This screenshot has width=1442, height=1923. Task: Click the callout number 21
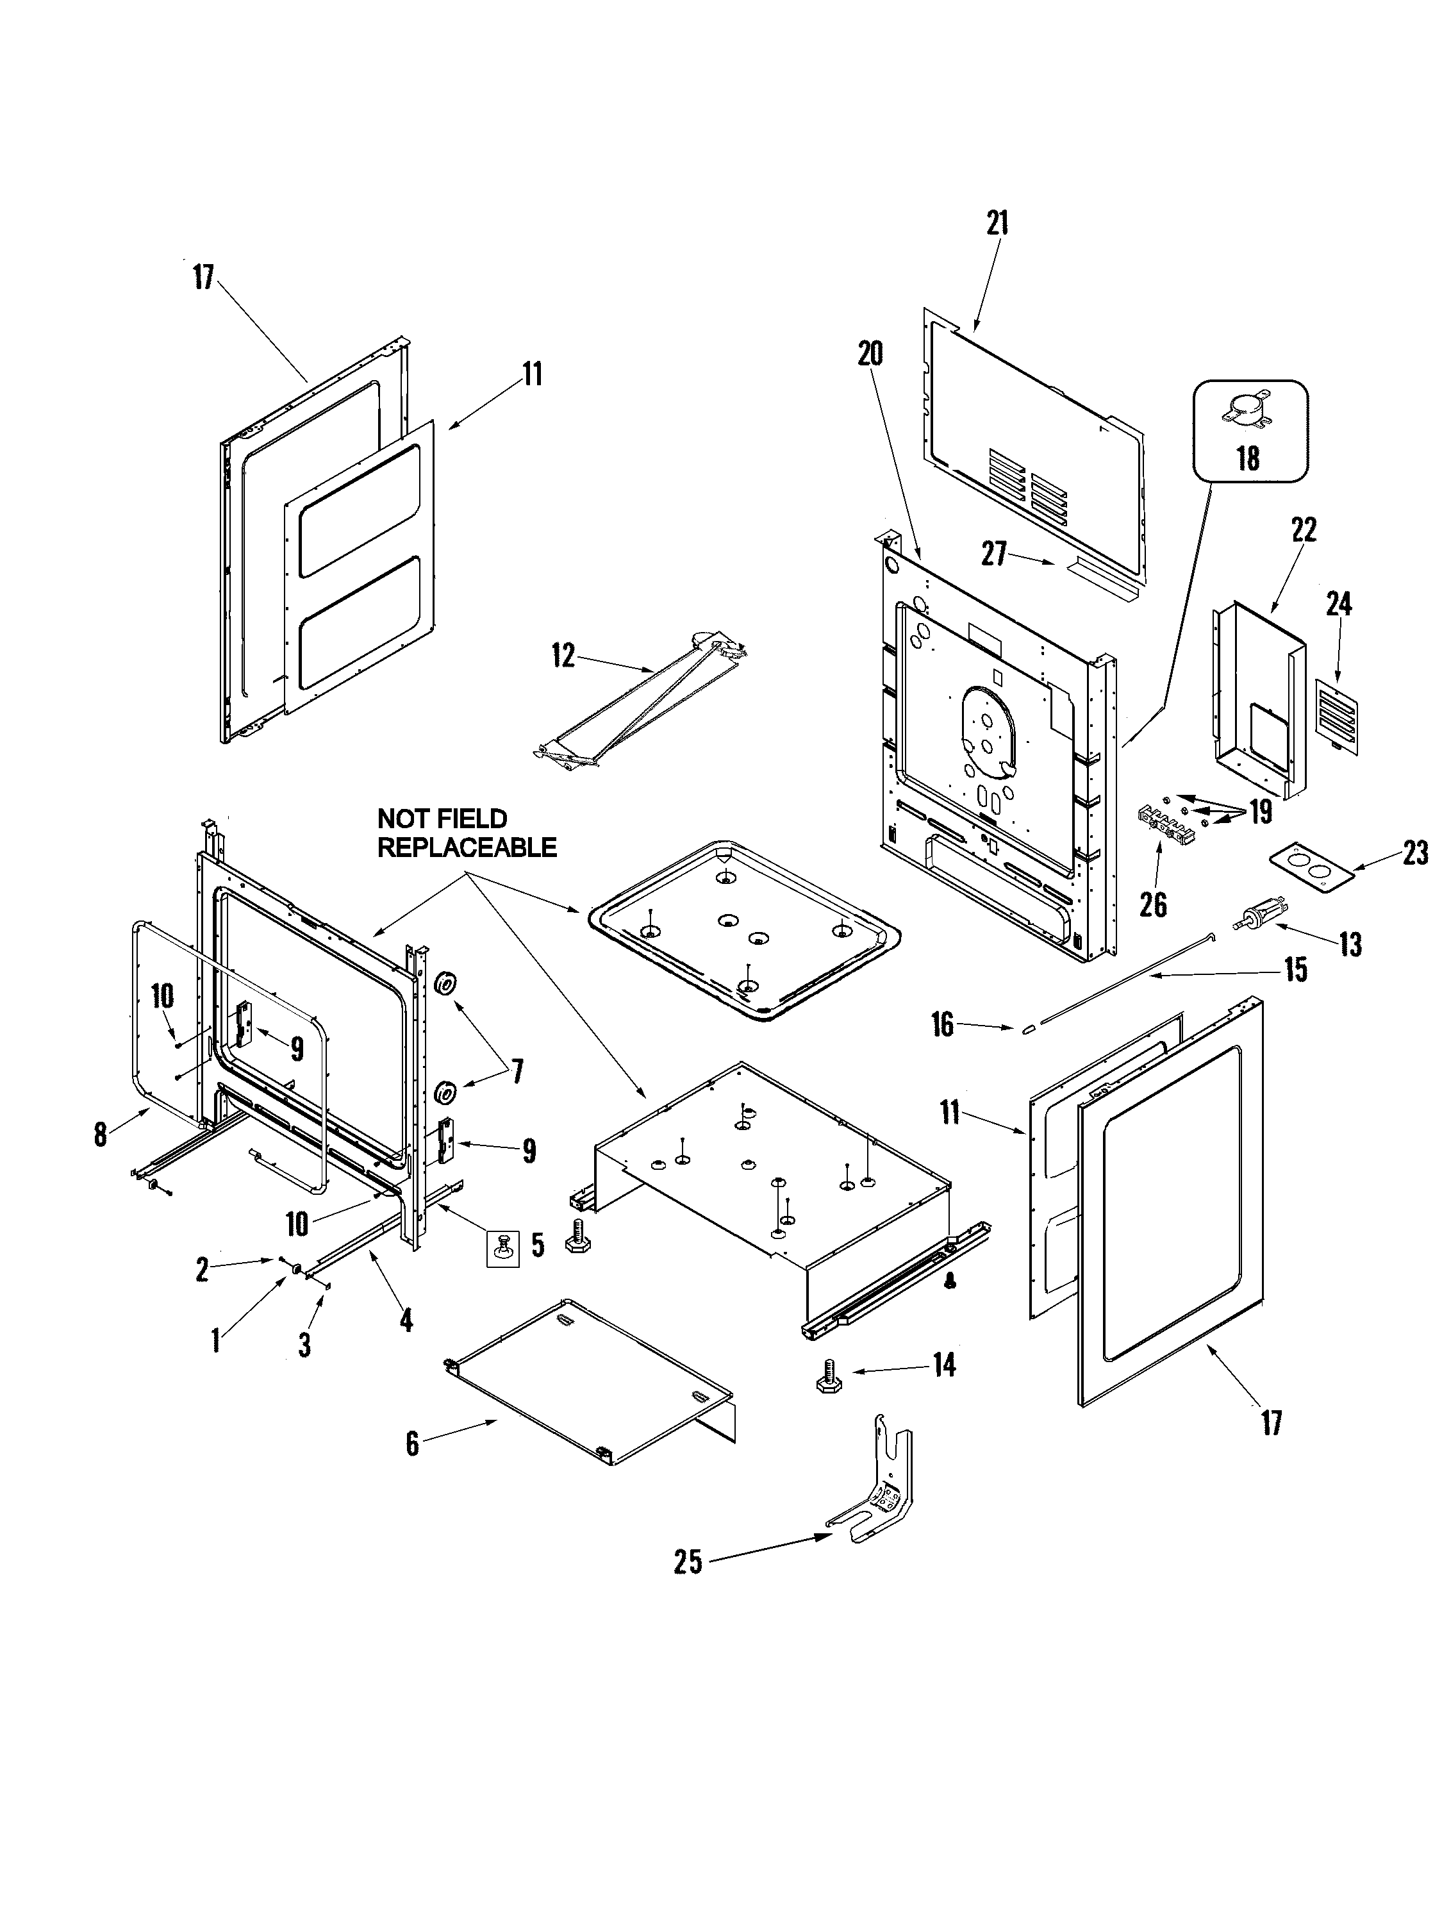click(x=997, y=224)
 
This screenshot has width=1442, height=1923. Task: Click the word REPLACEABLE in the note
click(x=467, y=847)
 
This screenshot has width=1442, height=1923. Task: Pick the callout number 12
click(x=563, y=656)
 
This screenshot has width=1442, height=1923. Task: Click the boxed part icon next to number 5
click(x=502, y=1249)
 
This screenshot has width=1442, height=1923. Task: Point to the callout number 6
click(x=412, y=1444)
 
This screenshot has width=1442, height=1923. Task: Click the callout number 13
click(x=1349, y=944)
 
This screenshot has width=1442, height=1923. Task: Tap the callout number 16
click(x=942, y=1024)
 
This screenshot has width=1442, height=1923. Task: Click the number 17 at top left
click(x=203, y=278)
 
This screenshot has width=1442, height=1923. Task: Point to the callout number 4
click(x=405, y=1320)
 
